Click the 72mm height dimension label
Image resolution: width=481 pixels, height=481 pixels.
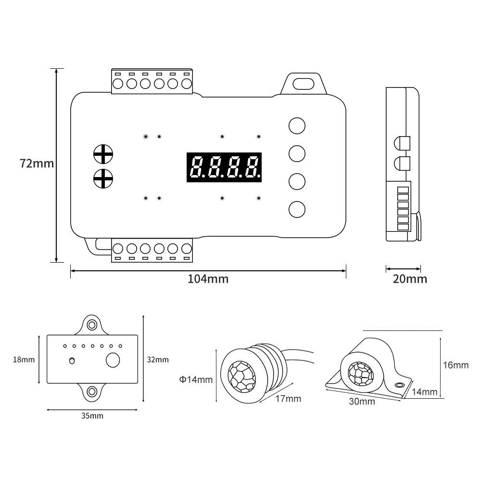coord(37,163)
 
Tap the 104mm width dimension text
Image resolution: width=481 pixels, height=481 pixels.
coord(208,279)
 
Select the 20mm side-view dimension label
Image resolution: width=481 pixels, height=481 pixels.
coord(410,279)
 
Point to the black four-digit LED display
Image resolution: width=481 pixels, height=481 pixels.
coord(224,167)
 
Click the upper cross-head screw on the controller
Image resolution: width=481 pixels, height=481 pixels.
coord(103,154)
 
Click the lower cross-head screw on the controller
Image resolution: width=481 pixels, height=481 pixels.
coord(103,178)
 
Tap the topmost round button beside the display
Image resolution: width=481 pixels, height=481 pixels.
coord(297,126)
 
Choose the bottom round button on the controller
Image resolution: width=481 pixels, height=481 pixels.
coord(297,210)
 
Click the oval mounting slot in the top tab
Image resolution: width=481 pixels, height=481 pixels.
coord(304,83)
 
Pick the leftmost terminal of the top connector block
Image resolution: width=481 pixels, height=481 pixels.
coord(118,83)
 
